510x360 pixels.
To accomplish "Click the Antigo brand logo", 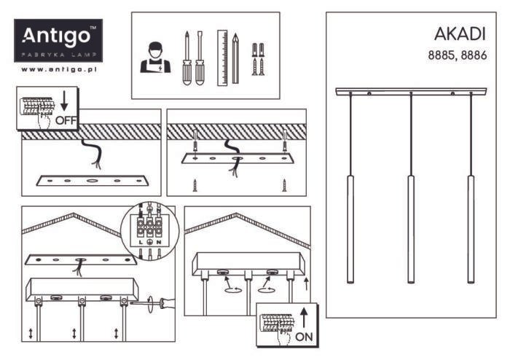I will click(x=59, y=40).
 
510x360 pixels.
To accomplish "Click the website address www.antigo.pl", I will click(x=59, y=69).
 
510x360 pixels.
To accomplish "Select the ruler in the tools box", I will click(x=222, y=57).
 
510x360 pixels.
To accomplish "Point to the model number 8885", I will click(x=441, y=55).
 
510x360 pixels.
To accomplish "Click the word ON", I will click(x=305, y=337).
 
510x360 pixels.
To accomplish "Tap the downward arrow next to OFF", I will click(x=64, y=99).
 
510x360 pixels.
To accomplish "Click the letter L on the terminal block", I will click(x=138, y=240).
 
